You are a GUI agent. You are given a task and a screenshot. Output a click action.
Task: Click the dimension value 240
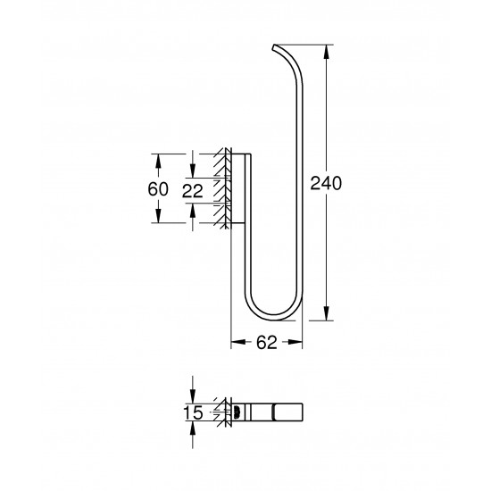(x=327, y=183)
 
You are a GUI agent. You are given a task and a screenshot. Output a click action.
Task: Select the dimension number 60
(x=158, y=190)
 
